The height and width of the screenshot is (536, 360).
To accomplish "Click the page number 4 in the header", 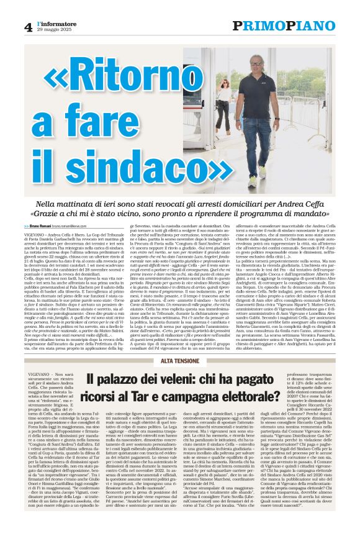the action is point(29,26).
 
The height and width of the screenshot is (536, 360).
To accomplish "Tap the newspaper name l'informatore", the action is point(58,23).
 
